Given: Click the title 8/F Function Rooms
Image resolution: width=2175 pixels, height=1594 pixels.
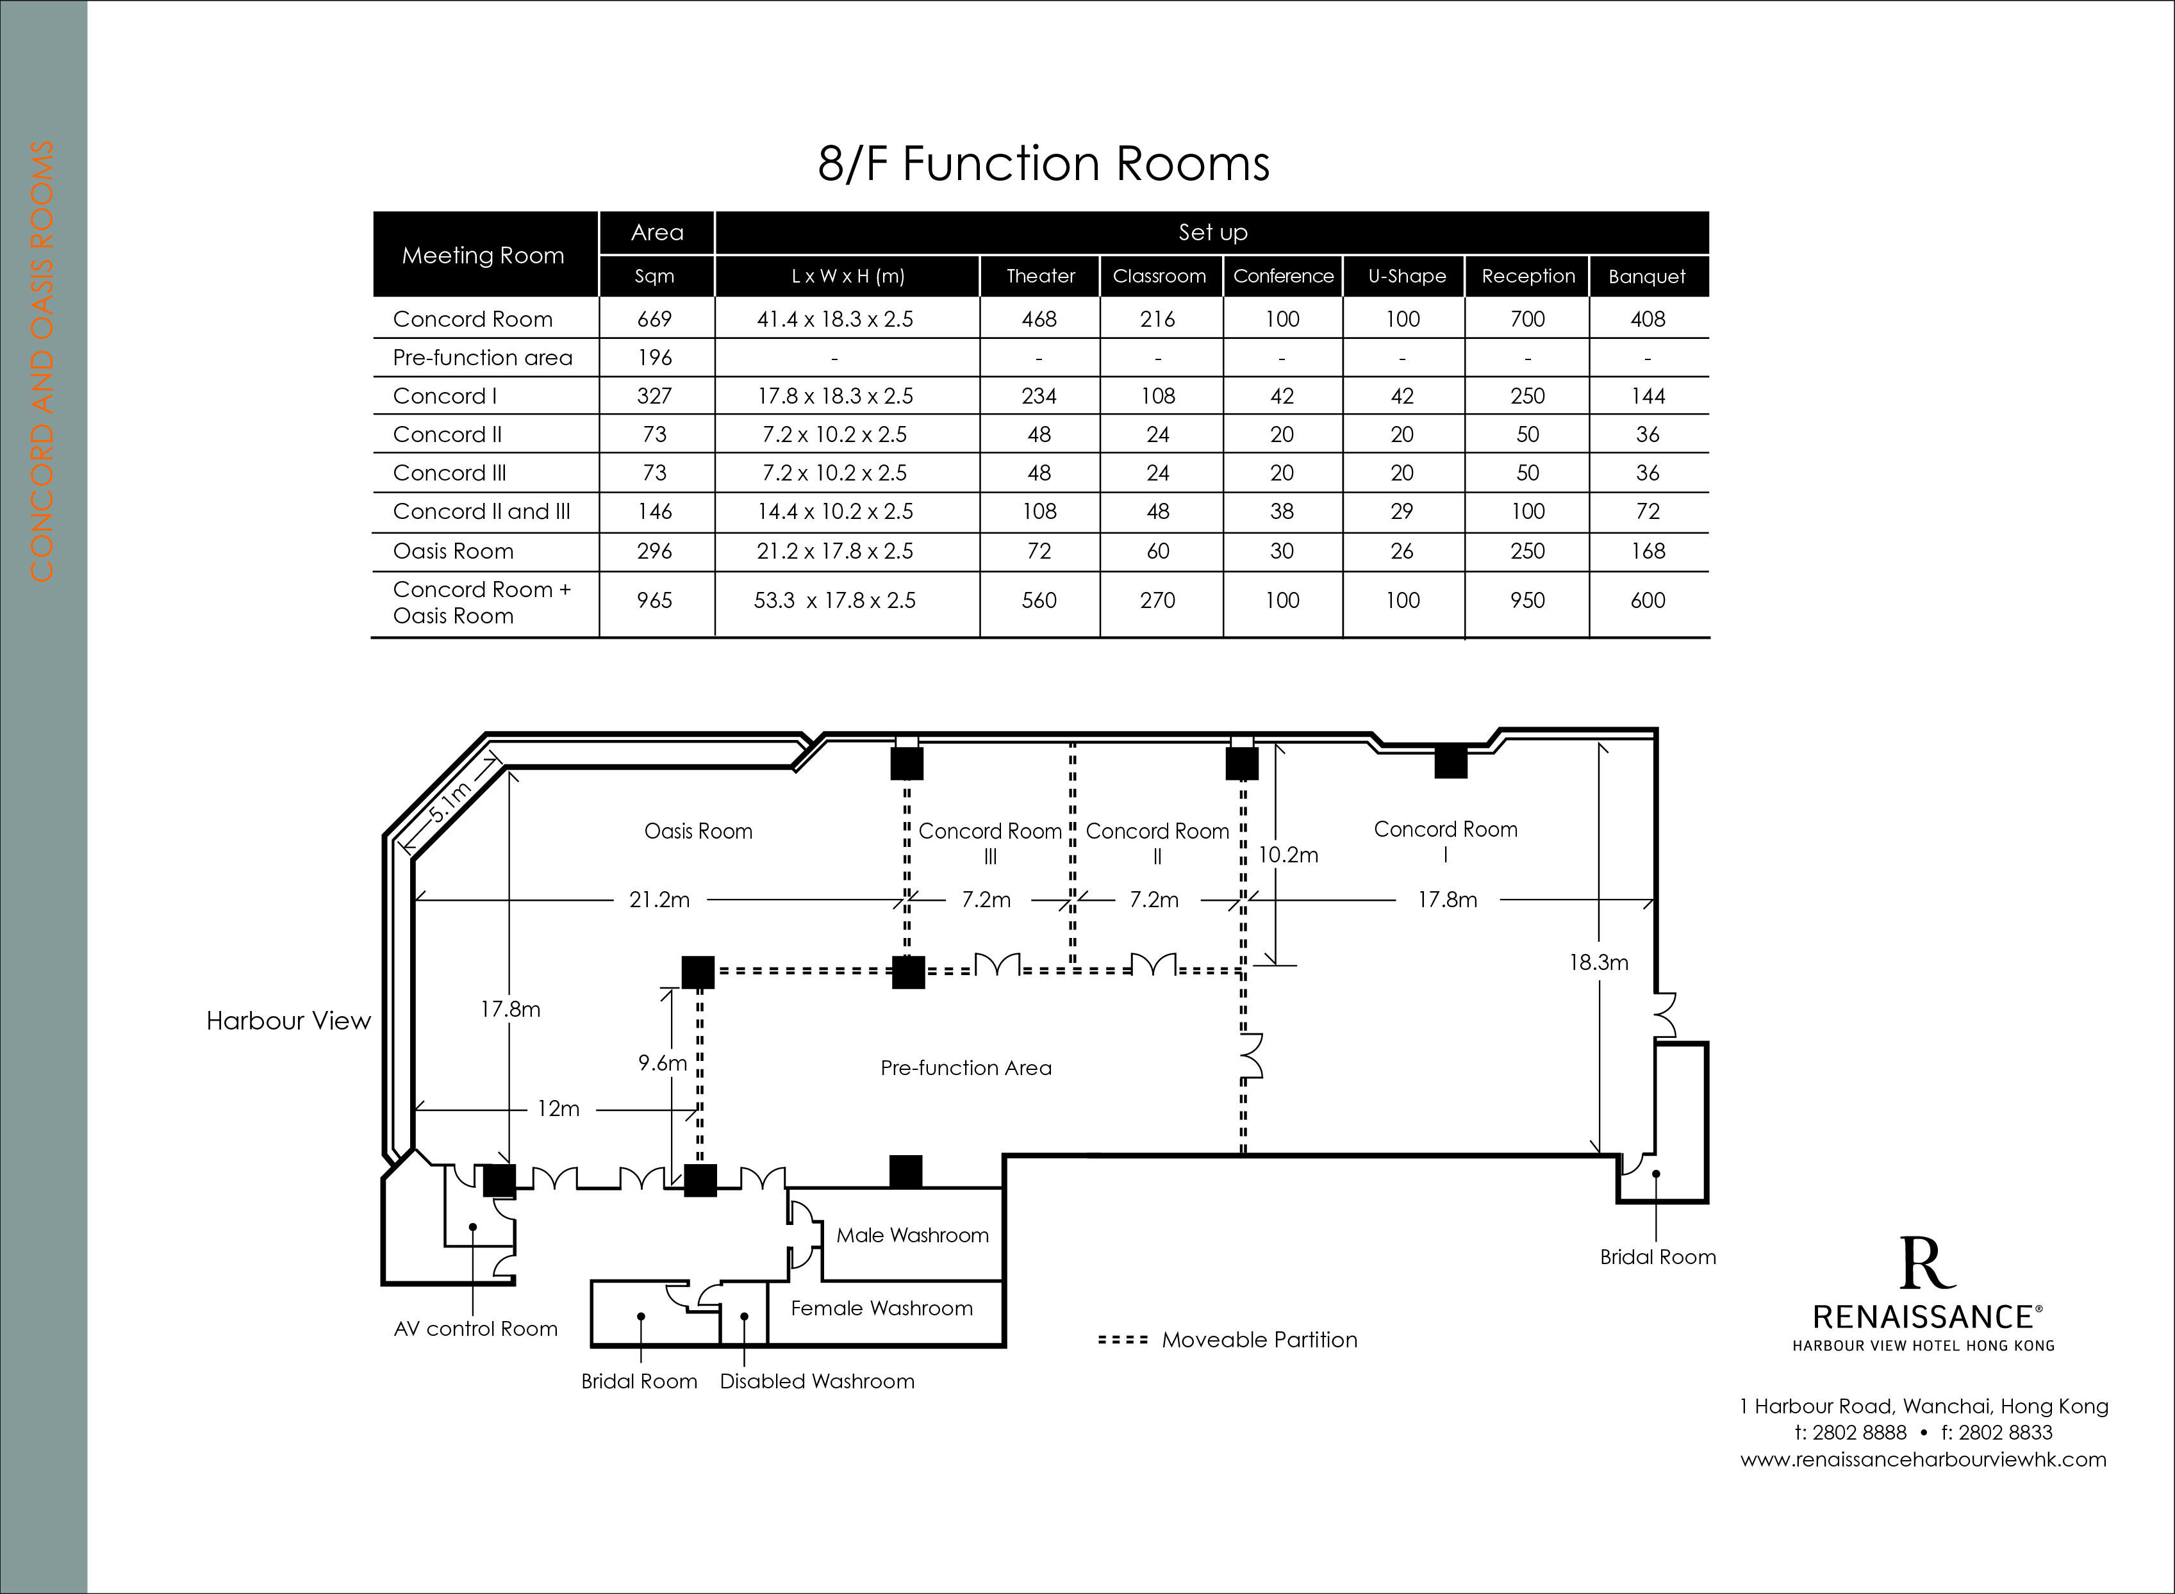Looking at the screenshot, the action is pyautogui.click(x=1043, y=163).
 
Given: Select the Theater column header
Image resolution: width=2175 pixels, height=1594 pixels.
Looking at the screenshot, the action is pyautogui.click(x=1040, y=276).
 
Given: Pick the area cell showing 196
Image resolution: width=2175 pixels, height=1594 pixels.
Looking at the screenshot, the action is pyautogui.click(x=654, y=358).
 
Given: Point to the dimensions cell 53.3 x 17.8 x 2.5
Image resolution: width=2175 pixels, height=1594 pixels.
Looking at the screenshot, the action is pyautogui.click(x=834, y=600).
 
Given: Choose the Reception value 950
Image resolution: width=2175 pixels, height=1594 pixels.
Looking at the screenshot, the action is pyautogui.click(x=1528, y=600).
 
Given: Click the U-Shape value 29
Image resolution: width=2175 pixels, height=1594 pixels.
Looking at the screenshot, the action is pyautogui.click(x=1402, y=511).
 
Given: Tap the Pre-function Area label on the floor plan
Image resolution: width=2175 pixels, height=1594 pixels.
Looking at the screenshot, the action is pyautogui.click(x=966, y=1068).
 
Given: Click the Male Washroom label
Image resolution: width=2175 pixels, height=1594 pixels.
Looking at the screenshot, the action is pyautogui.click(x=912, y=1235).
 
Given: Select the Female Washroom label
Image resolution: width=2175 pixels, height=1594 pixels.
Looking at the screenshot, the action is pyautogui.click(x=882, y=1308).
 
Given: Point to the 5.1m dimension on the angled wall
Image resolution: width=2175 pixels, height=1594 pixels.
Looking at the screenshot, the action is pyautogui.click(x=450, y=801).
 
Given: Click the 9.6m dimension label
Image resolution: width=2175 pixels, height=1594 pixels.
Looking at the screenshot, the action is pyautogui.click(x=662, y=1064).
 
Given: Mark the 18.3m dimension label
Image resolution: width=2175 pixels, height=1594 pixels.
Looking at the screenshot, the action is pyautogui.click(x=1599, y=962).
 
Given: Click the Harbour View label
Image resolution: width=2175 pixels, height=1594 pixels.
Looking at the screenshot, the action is pyautogui.click(x=288, y=1021).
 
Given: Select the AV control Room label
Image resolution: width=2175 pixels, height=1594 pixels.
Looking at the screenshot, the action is pyautogui.click(x=476, y=1329).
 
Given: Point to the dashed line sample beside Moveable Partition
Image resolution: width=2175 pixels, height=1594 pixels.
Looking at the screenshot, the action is pyautogui.click(x=1123, y=1340).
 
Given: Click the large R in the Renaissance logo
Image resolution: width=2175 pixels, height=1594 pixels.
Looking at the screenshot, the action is pyautogui.click(x=1927, y=1263).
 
